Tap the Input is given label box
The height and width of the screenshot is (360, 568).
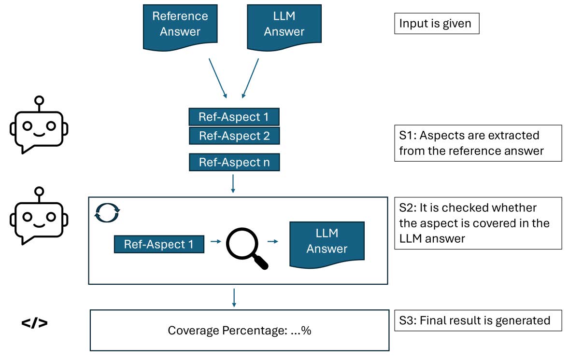[x=437, y=23]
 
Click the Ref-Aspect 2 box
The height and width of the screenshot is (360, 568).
[x=234, y=136]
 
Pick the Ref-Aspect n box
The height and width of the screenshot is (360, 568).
[x=234, y=163]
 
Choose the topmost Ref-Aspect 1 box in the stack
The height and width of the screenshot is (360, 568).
[x=234, y=117]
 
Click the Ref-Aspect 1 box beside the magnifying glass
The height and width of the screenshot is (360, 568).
[x=159, y=244]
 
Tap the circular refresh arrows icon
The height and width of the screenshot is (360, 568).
[x=107, y=212]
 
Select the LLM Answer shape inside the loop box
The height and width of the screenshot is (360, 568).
[x=327, y=243]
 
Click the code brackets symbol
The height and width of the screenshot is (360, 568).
[x=35, y=323]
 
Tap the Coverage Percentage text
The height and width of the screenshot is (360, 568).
[x=239, y=331]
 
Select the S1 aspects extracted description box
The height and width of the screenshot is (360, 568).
[x=478, y=143]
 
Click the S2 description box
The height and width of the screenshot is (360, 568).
[x=478, y=223]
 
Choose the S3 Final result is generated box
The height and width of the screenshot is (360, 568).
[x=478, y=320]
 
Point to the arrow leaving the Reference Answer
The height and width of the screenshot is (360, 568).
[x=217, y=77]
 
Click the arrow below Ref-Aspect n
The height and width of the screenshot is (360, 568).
[x=233, y=184]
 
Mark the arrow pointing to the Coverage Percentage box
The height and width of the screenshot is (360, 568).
[x=234, y=297]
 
